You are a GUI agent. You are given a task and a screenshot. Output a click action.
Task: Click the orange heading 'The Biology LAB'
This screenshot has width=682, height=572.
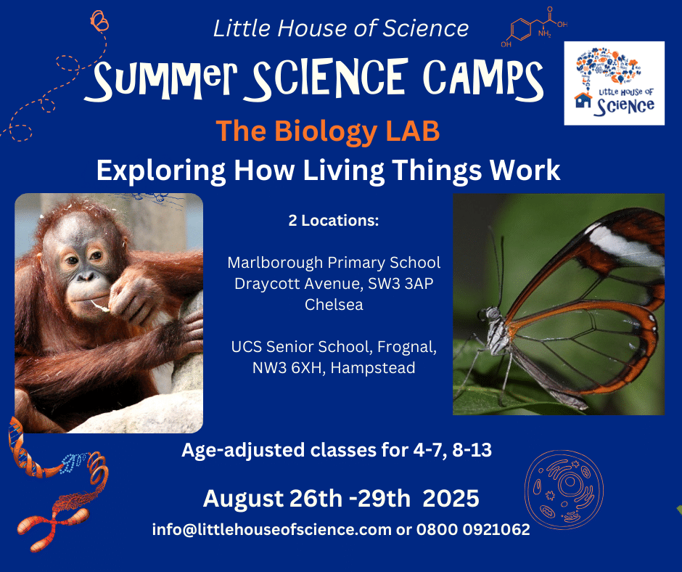pyautogui.click(x=328, y=131)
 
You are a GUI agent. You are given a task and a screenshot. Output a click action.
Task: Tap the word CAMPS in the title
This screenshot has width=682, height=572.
pyautogui.click(x=483, y=78)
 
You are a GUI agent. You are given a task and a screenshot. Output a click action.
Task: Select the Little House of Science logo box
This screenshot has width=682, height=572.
pyautogui.click(x=614, y=83)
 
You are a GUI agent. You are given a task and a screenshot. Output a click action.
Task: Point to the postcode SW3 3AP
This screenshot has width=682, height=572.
pyautogui.click(x=400, y=284)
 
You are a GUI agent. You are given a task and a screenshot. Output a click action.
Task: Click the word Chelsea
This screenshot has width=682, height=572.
pyautogui.click(x=334, y=305)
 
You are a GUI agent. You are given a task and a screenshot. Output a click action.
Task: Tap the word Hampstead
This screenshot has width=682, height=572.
pyautogui.click(x=373, y=368)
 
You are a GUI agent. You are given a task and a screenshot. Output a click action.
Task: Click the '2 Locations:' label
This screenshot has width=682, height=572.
pyautogui.click(x=334, y=221)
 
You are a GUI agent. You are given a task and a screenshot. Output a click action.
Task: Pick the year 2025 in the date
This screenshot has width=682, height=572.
pyautogui.click(x=451, y=499)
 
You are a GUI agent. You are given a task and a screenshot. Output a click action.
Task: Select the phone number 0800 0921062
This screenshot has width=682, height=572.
pyautogui.click(x=473, y=530)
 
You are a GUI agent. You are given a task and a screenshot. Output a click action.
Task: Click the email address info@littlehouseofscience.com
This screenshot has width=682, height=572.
pyautogui.click(x=272, y=530)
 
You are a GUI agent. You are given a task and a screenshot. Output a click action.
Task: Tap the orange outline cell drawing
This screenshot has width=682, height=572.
pyautogui.click(x=564, y=489)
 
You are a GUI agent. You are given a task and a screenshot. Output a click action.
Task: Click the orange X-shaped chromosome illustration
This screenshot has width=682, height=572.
pyautogui.click(x=53, y=523)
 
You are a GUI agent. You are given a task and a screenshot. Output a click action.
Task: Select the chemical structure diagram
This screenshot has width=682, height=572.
pyautogui.click(x=534, y=26)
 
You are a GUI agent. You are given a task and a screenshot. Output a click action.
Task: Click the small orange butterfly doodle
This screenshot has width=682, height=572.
pyautogui.click(x=99, y=21)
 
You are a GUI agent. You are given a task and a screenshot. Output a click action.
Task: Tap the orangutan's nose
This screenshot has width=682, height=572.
pyautogui.click(x=86, y=276)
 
